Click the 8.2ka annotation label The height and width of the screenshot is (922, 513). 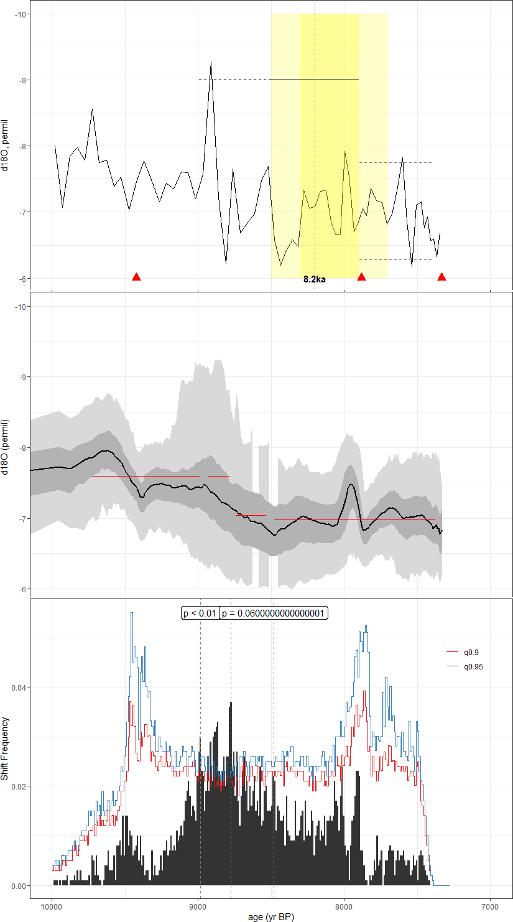click(x=315, y=279)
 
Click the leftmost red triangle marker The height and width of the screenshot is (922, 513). click(x=137, y=277)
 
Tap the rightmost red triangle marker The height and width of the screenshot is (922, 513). click(x=441, y=277)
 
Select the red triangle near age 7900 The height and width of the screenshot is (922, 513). click(x=361, y=277)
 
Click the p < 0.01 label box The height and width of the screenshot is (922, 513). click(x=200, y=613)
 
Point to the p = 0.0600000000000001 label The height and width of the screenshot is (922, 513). click(x=274, y=613)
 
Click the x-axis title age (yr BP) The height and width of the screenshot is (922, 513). click(x=270, y=916)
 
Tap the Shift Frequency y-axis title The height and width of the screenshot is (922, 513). click(x=6, y=749)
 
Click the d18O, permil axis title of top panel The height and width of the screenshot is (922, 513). click(x=6, y=146)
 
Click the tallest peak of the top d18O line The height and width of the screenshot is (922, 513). click(x=211, y=62)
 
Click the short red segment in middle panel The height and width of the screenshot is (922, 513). click(x=251, y=515)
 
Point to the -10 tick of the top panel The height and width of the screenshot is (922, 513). click(x=21, y=14)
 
